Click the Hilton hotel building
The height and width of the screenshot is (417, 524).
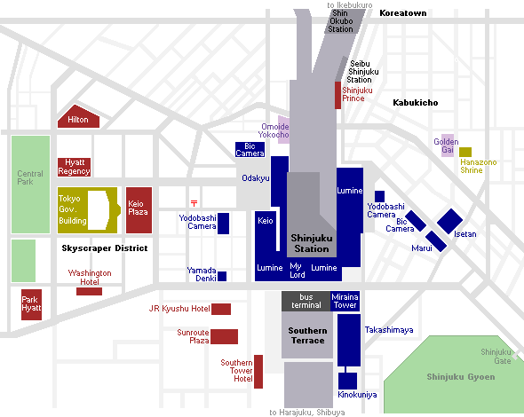tap(78, 117)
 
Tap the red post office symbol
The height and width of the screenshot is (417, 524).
tap(195, 203)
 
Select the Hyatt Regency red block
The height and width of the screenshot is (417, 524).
tap(74, 167)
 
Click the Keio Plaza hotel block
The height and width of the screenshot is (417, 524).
tap(139, 210)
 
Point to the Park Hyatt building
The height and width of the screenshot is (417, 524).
tap(31, 304)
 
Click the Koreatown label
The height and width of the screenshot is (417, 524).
tap(403, 13)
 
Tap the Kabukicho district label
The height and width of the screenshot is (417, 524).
tap(416, 103)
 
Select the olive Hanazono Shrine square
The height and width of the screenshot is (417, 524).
tap(465, 152)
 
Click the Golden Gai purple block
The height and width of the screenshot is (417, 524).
tap(448, 146)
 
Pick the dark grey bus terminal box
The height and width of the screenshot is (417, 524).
tap(306, 301)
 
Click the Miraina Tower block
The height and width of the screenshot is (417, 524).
tap(345, 301)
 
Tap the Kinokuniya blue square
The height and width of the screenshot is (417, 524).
tap(347, 381)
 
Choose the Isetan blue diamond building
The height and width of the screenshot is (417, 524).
tap(449, 221)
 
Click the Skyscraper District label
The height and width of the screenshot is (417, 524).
tap(105, 248)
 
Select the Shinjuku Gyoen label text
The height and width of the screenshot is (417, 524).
tap(461, 377)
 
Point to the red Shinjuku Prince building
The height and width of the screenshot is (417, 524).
tap(337, 95)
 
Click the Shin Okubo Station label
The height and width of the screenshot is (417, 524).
tap(340, 21)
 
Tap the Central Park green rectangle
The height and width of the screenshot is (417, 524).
tap(30, 185)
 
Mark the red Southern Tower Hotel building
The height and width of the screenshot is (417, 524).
tap(258, 372)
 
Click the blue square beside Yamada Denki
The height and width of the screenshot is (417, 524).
tap(222, 277)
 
